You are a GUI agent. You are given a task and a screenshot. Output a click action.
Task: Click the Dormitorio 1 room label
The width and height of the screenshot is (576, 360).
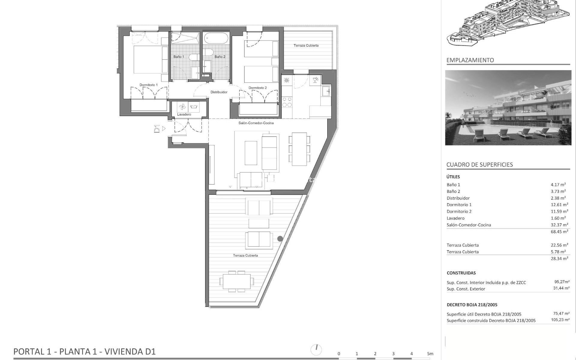tap(148, 85)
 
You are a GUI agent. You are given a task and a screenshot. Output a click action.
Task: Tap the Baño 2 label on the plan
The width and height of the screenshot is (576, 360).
tap(220, 57)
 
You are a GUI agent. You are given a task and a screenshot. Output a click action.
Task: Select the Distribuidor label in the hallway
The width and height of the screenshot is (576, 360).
tap(219, 92)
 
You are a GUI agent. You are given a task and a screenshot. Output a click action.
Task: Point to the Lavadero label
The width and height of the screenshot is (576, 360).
tap(184, 114)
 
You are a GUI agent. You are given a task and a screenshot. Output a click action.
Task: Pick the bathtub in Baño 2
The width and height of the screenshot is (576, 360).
tap(216, 38)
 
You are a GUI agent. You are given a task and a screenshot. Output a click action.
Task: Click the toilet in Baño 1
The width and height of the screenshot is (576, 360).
tap(195, 57)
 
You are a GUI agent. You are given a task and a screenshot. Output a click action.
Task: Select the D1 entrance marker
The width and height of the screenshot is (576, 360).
tap(157, 129)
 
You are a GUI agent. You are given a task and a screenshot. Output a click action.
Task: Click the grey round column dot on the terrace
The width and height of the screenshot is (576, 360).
tap(280, 239)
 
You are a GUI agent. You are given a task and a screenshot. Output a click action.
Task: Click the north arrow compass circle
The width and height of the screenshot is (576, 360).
tap(316, 349)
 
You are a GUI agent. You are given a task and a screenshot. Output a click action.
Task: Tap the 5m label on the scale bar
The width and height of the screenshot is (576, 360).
tap(430, 354)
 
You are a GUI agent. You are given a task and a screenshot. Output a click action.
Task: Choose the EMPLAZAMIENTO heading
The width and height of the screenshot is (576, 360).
tap(470, 60)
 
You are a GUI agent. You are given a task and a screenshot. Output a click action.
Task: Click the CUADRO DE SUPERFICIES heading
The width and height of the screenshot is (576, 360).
tap(479, 164)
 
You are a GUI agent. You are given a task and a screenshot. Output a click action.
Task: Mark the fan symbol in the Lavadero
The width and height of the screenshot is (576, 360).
tap(182, 107)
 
